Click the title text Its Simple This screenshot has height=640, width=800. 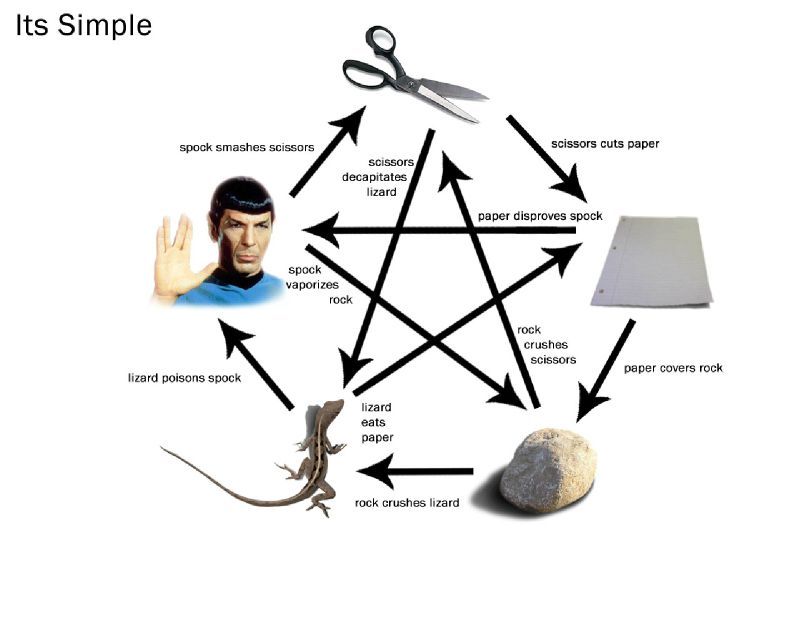click(84, 25)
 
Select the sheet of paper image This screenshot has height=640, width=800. click(651, 262)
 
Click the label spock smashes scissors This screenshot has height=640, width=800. click(246, 147)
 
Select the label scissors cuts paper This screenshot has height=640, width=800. click(605, 144)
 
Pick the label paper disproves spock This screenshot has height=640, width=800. click(540, 216)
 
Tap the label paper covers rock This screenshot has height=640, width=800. click(673, 368)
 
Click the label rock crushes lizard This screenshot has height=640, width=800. click(407, 503)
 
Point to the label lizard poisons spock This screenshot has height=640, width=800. click(184, 378)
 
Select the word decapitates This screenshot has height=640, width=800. click(374, 177)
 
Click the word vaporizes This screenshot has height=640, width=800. click(312, 285)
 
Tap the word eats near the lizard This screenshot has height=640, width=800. click(373, 423)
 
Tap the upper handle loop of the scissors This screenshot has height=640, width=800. click(380, 40)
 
